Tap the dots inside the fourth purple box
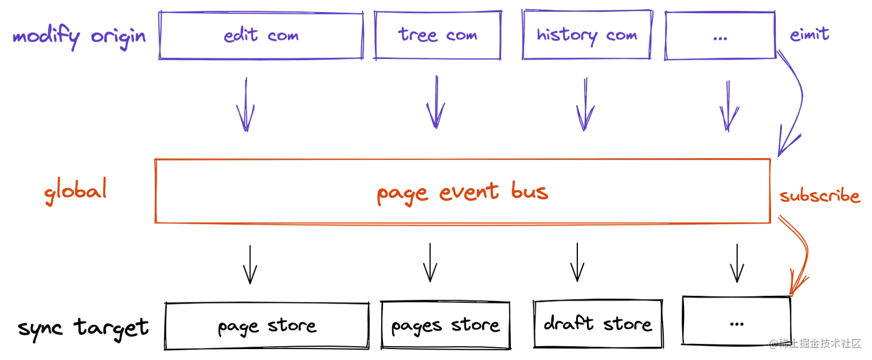click(x=719, y=37)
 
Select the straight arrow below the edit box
click(x=246, y=104)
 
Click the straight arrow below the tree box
click(x=435, y=104)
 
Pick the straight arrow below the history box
click(x=585, y=104)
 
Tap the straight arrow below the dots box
click(x=729, y=104)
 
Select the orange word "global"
click(x=76, y=192)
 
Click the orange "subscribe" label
click(x=821, y=197)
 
